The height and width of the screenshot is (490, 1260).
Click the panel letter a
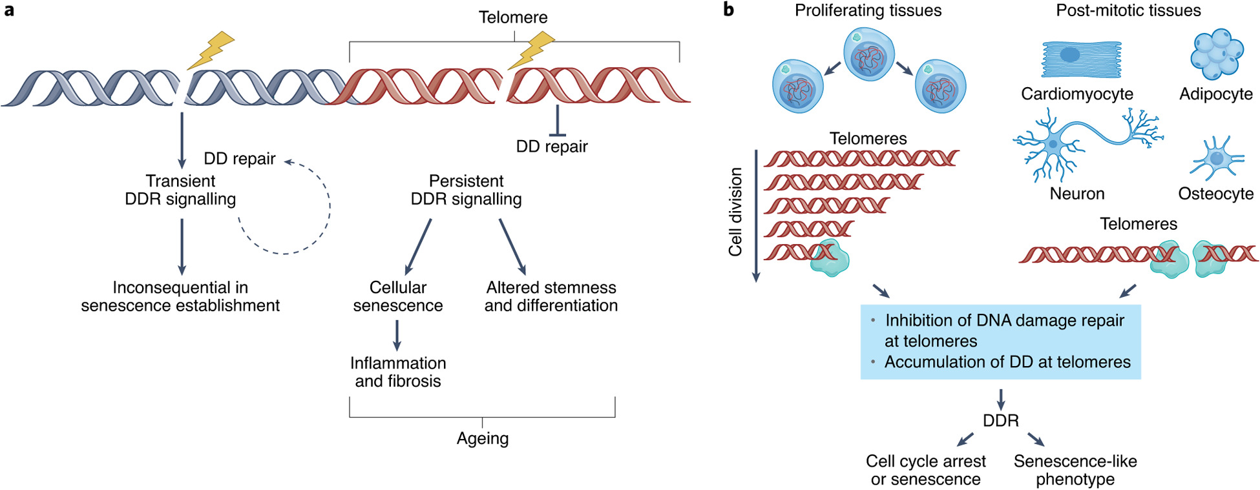[9, 10]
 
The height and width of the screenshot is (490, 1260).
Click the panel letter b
[728, 10]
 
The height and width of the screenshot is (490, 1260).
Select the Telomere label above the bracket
[513, 17]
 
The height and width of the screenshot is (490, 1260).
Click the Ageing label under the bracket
[483, 438]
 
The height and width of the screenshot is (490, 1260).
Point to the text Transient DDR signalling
[180, 190]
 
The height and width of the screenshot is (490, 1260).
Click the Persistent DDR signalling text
[466, 190]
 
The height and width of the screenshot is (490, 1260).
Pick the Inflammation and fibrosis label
[398, 372]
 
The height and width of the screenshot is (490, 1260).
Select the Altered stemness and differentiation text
[551, 296]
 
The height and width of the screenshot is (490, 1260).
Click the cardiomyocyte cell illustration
[1080, 59]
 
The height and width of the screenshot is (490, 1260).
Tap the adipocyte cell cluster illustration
[1217, 54]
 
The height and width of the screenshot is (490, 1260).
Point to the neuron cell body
[1054, 144]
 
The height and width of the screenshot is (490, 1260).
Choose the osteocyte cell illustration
[1217, 158]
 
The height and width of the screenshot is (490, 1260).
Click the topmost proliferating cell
[869, 55]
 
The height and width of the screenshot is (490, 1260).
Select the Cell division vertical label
[735, 212]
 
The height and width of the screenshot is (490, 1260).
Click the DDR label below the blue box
[1000, 421]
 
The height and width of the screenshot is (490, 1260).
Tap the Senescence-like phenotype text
[1075, 470]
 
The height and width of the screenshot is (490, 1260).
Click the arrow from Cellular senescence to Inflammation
[397, 335]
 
